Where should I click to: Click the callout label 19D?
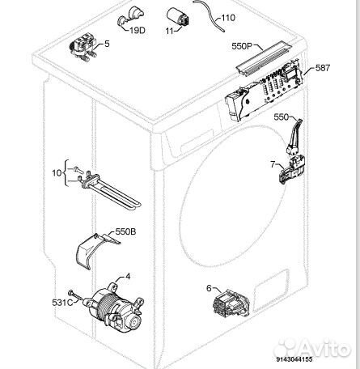(x=137, y=30)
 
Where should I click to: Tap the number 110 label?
(x=228, y=17)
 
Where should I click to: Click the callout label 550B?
(x=126, y=232)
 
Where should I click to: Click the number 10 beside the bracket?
(x=56, y=172)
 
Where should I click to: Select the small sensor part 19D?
(x=129, y=15)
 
